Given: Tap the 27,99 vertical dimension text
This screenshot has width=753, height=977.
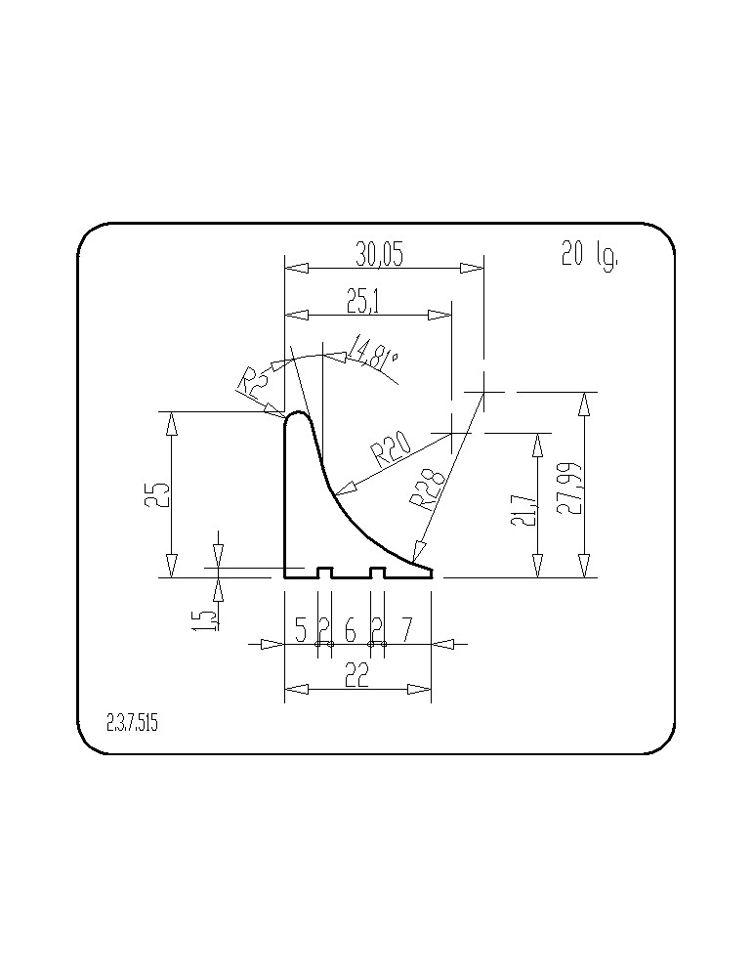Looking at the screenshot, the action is pyautogui.click(x=568, y=488).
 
